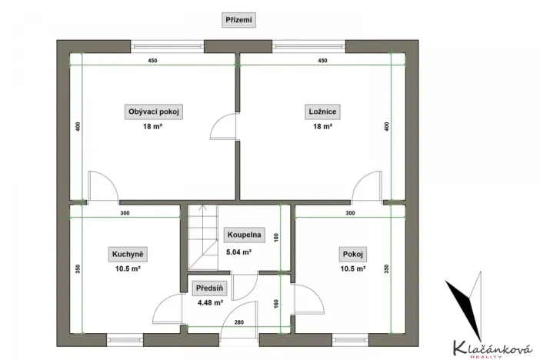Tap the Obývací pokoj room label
152,112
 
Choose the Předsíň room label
210,288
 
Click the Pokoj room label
351,255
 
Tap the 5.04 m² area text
238,252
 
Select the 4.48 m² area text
210,303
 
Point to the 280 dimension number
239,322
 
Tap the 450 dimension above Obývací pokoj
152,61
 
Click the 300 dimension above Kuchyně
125,212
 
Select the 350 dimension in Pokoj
386,268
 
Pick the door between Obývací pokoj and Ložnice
226,125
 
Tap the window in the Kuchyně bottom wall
125,336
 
